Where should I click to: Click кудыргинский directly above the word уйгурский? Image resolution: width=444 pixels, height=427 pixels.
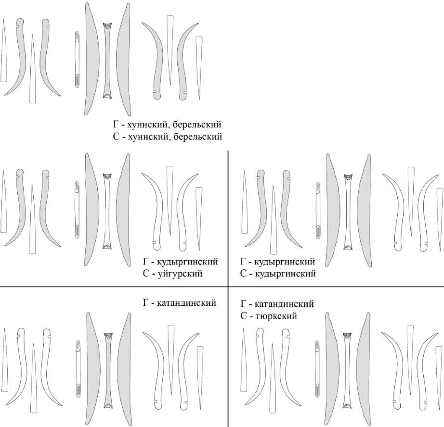[x=187, y=262]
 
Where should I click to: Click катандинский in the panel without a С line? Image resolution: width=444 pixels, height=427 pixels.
[x=186, y=303]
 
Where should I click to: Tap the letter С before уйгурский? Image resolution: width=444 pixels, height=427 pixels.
[x=145, y=274]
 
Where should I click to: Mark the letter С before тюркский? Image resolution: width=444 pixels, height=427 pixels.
[x=244, y=316]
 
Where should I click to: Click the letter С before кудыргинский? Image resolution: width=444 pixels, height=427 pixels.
[x=244, y=274]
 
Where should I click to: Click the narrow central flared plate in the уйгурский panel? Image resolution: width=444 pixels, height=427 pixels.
[x=107, y=212]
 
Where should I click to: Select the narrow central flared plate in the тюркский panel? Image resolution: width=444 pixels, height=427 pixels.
[x=347, y=370]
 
